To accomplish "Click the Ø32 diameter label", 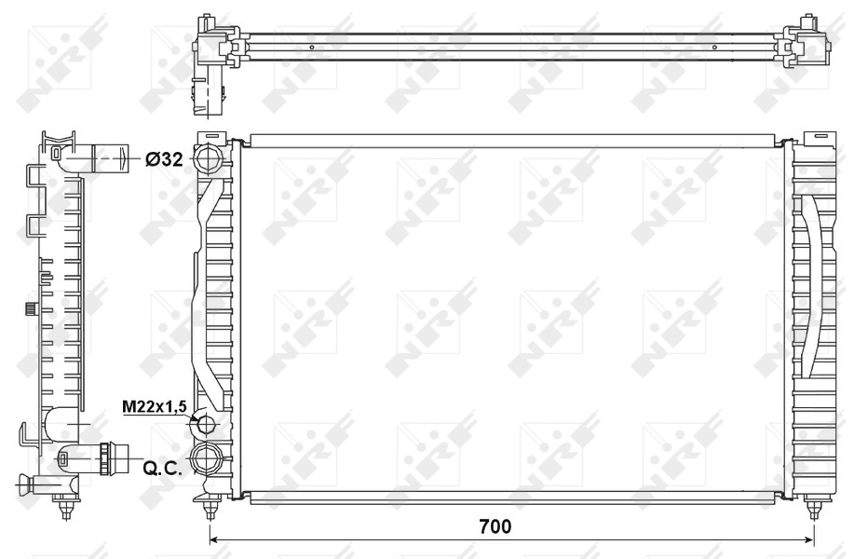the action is [164, 159].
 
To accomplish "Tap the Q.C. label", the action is [162, 469].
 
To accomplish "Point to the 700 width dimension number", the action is [495, 526].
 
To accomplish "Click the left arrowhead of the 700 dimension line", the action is [213, 539].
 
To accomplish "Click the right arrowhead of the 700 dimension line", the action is [810, 539].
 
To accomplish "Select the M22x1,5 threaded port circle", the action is [206, 425].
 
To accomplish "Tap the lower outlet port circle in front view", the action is [206, 458].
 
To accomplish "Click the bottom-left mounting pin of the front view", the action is [210, 508].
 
